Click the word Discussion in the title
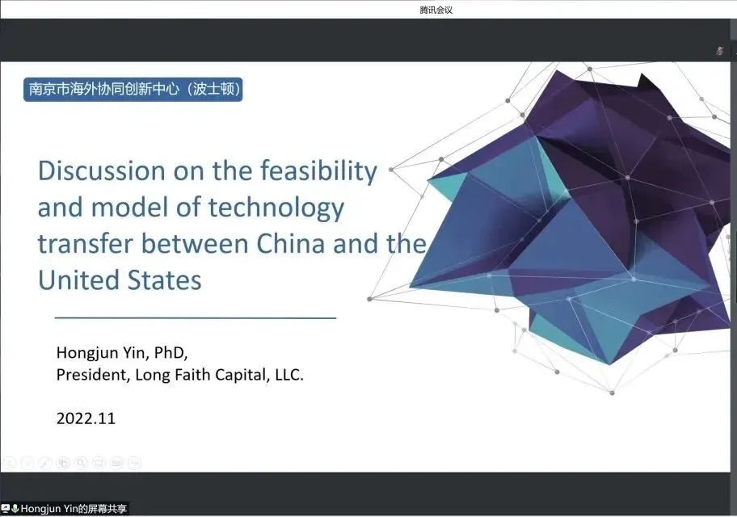point(102,170)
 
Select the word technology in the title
point(276,208)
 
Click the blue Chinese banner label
point(133,90)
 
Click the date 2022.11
point(86,418)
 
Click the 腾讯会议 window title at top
point(436,10)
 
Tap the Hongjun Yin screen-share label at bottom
point(74,509)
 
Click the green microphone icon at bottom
point(15,509)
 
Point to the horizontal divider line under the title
point(196,318)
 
